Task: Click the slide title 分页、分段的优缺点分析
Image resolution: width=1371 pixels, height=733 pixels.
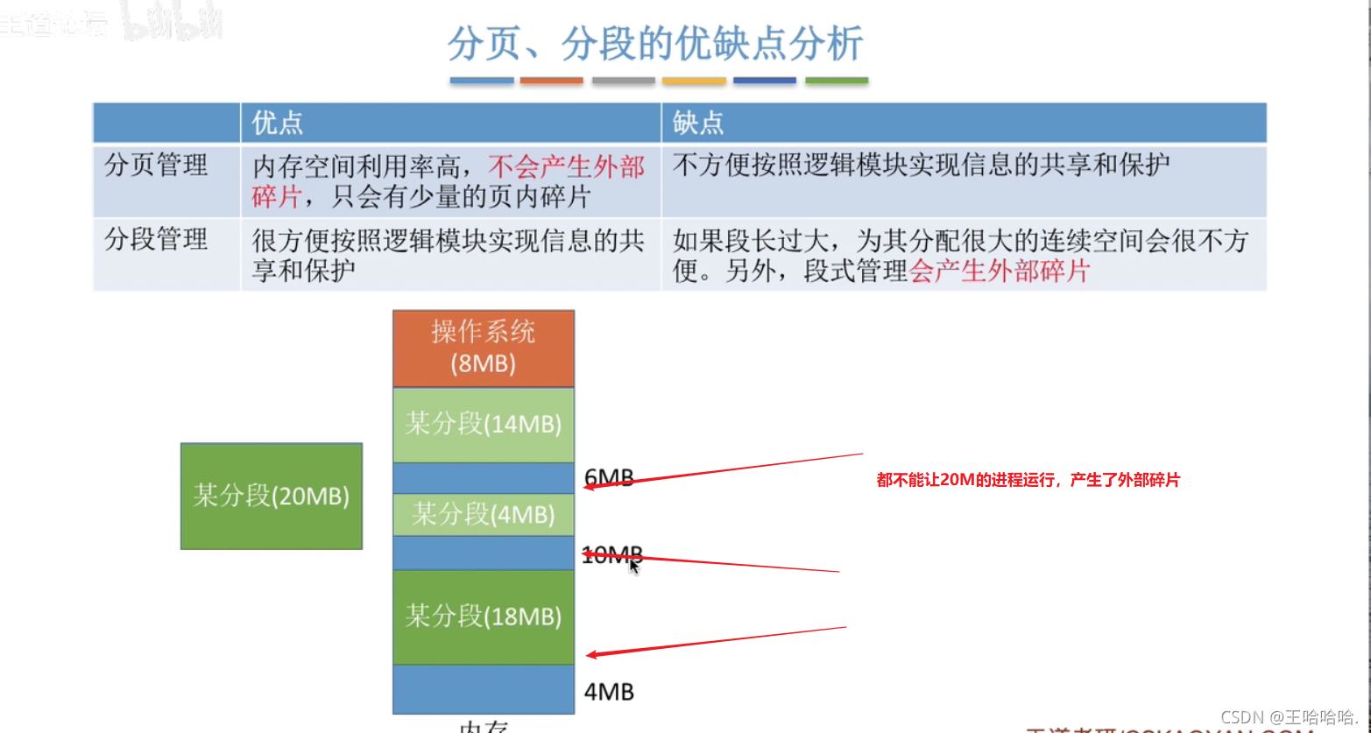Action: (655, 44)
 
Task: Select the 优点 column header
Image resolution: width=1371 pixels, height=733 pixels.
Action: (277, 123)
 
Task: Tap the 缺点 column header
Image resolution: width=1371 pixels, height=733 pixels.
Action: (698, 123)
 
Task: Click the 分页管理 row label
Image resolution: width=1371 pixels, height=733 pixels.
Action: (156, 166)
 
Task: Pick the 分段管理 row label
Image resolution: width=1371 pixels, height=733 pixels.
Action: (156, 240)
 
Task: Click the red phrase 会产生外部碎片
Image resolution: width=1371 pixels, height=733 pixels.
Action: (999, 271)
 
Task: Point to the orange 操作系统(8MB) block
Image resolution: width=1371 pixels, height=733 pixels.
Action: (483, 348)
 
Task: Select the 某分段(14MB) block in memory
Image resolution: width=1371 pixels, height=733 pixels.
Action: (483, 425)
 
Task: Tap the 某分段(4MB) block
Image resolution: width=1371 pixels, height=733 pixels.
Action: (483, 514)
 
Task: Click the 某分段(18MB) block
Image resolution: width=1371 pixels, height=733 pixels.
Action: (483, 617)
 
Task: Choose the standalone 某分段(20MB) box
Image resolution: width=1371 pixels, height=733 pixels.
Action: (271, 496)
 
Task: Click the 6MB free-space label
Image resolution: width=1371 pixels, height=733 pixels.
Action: (609, 478)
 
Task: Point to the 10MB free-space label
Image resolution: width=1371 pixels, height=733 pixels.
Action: (611, 554)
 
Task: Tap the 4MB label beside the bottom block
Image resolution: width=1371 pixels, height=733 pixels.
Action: (609, 692)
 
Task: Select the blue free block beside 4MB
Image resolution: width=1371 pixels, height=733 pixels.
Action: (483, 689)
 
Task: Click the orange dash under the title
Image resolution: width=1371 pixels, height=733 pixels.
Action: (551, 81)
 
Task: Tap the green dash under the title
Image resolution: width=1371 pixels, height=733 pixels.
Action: (836, 81)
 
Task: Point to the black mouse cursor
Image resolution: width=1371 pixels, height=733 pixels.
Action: (634, 567)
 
